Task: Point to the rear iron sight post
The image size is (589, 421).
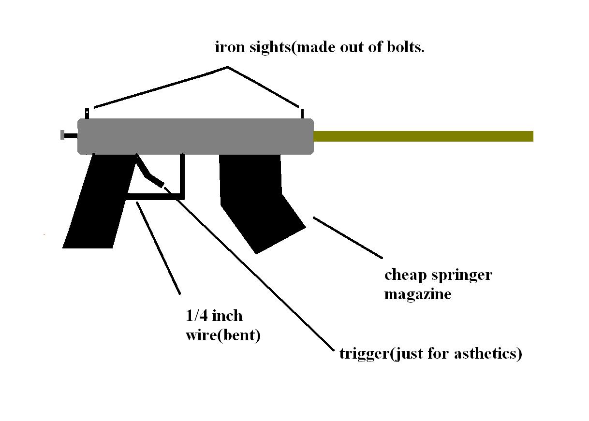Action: [x=87, y=113]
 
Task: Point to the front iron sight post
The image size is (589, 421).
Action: [x=302, y=114]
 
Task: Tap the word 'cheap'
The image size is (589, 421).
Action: [x=404, y=276]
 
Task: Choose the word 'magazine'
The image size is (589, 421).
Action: [x=417, y=294]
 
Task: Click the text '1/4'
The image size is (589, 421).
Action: [x=196, y=316]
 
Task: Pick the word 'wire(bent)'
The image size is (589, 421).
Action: [x=223, y=335]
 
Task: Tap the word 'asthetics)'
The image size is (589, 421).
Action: [x=488, y=354]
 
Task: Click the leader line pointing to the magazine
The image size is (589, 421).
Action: [x=348, y=237]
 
